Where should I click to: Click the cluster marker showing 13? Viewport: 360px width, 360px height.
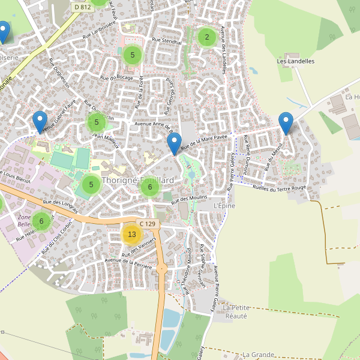[x=132, y=234]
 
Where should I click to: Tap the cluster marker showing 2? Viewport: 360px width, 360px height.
[x=207, y=37]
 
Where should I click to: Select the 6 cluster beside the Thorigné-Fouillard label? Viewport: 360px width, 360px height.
[x=149, y=187]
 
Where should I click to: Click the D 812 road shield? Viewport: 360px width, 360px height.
[x=82, y=7]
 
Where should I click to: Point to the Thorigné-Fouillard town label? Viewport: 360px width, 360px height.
[x=138, y=180]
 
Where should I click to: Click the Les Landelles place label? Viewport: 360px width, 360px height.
[x=296, y=61]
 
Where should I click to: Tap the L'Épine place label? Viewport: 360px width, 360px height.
[x=224, y=206]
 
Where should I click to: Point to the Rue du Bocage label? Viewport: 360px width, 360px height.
[x=116, y=77]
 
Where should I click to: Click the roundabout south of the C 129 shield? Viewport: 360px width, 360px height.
[x=161, y=269]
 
